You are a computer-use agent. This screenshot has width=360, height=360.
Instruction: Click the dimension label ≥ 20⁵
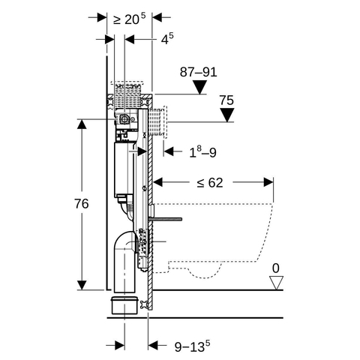click(x=129, y=19)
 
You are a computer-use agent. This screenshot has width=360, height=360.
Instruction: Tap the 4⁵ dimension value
click(x=167, y=39)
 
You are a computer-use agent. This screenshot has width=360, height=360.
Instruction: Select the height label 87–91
click(x=199, y=72)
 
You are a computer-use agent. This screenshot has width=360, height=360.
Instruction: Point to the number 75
click(x=226, y=100)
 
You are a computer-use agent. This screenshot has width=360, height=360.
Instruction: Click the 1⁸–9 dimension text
click(x=202, y=152)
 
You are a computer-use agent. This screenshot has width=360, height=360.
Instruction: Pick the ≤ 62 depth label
click(x=210, y=183)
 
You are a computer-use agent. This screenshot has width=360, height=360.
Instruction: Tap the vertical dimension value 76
click(x=82, y=204)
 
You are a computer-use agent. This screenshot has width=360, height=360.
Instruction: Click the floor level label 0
click(x=276, y=268)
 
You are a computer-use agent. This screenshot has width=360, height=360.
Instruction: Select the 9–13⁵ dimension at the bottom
click(x=192, y=346)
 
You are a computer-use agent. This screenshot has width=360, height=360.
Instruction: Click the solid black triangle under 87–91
click(x=200, y=87)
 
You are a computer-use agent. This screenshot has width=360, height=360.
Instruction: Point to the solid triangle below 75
click(x=227, y=115)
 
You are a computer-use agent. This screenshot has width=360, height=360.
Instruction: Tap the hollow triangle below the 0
click(x=276, y=283)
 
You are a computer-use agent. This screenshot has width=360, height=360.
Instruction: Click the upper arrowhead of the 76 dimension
click(x=82, y=124)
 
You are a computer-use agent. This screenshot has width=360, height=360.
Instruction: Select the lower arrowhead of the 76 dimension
click(x=82, y=285)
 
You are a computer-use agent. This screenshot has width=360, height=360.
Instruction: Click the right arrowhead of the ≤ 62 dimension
click(x=268, y=182)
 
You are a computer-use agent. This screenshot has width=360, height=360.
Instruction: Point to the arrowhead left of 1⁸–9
click(x=169, y=151)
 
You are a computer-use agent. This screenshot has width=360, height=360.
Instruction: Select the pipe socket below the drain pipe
click(x=124, y=305)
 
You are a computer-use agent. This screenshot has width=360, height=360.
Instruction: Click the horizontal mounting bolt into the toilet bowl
click(x=165, y=219)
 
